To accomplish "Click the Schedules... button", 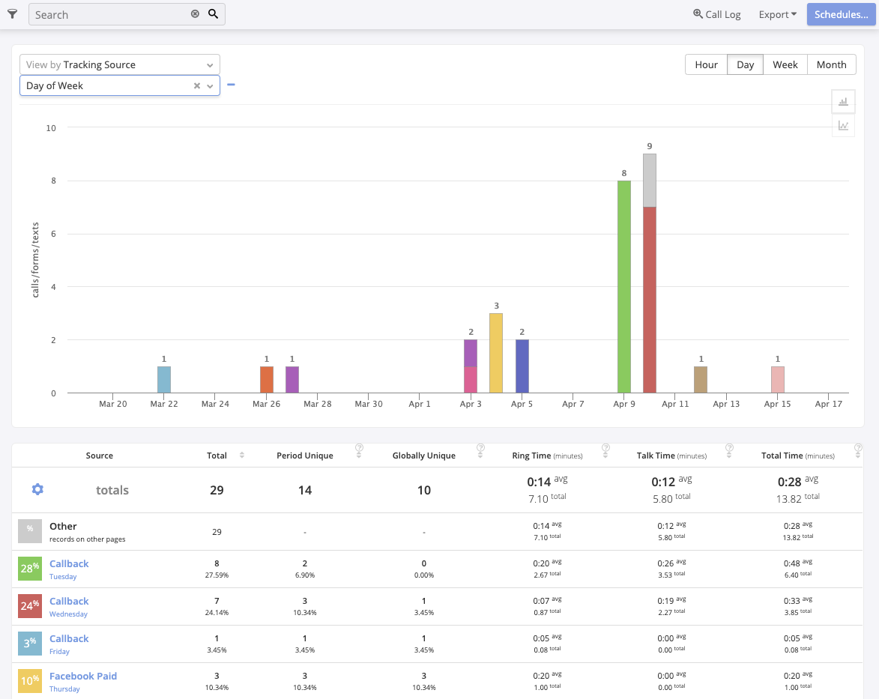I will coord(841,14).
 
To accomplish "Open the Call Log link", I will coord(717,14).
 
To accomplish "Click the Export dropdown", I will coord(777,14).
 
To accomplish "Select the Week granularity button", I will coord(785,64).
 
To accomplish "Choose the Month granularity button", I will coord(831,64).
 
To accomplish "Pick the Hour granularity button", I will coord(706,64).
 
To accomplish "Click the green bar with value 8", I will coord(623,286).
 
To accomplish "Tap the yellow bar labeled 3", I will coord(495,353).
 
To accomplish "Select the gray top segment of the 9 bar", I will coord(650,180).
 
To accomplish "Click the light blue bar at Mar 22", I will coord(164,380).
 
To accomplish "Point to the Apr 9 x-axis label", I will coord(623,404).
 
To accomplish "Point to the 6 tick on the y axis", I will coord(51,234).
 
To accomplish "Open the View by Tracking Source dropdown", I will coord(120,65).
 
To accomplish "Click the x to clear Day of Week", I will coord(197,86).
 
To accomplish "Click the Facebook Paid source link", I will coord(83,676).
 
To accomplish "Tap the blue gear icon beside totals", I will coord(37,489).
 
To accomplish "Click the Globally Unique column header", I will coord(423,456).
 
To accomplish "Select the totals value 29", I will coord(217,490).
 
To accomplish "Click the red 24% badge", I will coord(30,605).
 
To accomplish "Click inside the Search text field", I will coord(109,14).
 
